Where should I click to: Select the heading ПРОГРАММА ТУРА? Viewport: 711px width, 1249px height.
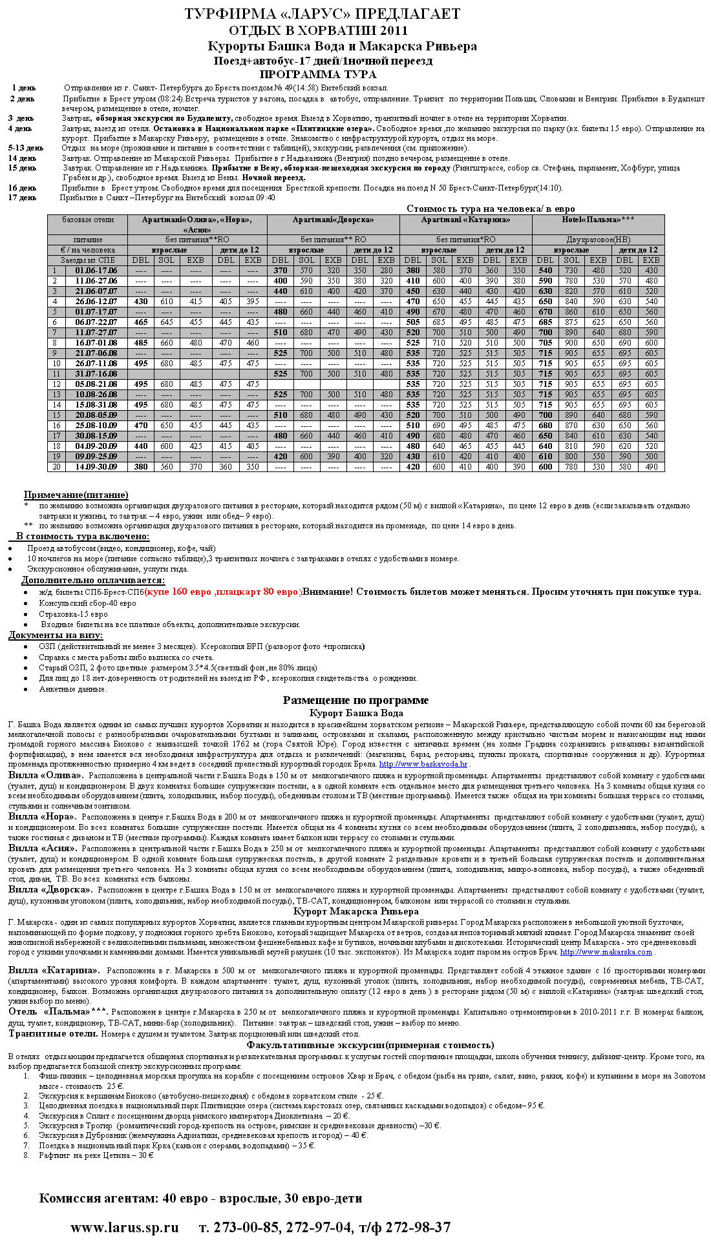[x=308, y=74]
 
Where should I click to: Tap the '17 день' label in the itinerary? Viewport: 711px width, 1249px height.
[x=23, y=198]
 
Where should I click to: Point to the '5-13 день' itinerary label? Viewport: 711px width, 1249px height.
[x=26, y=148]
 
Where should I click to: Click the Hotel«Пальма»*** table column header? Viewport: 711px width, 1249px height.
[x=598, y=220]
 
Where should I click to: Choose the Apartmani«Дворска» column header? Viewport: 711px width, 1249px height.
[x=333, y=220]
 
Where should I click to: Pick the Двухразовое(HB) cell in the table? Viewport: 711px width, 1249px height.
[x=598, y=240]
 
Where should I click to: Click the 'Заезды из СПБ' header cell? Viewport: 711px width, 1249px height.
[x=87, y=260]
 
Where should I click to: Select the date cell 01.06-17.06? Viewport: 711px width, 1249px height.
[x=96, y=271]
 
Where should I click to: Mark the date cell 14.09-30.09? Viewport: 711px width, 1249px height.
[x=96, y=467]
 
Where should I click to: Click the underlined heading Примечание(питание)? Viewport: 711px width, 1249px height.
[x=76, y=495]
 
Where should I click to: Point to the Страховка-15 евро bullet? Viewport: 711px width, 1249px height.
[x=73, y=614]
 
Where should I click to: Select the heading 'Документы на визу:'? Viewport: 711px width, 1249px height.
[x=56, y=635]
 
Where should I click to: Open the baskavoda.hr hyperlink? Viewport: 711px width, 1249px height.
[x=423, y=764]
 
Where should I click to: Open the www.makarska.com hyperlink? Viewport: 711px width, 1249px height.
[x=606, y=952]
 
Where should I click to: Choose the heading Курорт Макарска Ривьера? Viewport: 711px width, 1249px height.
[x=356, y=911]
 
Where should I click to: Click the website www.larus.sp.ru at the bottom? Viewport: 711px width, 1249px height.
[x=124, y=1227]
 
